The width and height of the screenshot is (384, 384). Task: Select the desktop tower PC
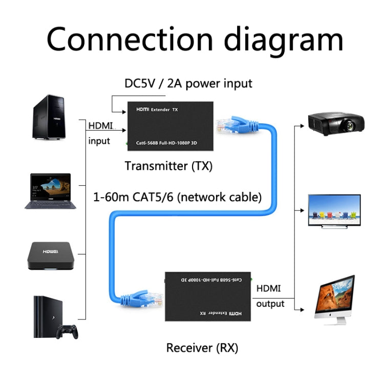49,117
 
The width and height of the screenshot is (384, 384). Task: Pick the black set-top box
51,255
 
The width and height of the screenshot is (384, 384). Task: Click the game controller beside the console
67,331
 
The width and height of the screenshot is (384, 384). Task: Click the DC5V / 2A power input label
188,83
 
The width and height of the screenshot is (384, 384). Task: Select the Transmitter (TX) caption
168,166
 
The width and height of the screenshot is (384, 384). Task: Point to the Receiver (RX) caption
202,348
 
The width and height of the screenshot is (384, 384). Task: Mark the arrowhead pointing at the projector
303,123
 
